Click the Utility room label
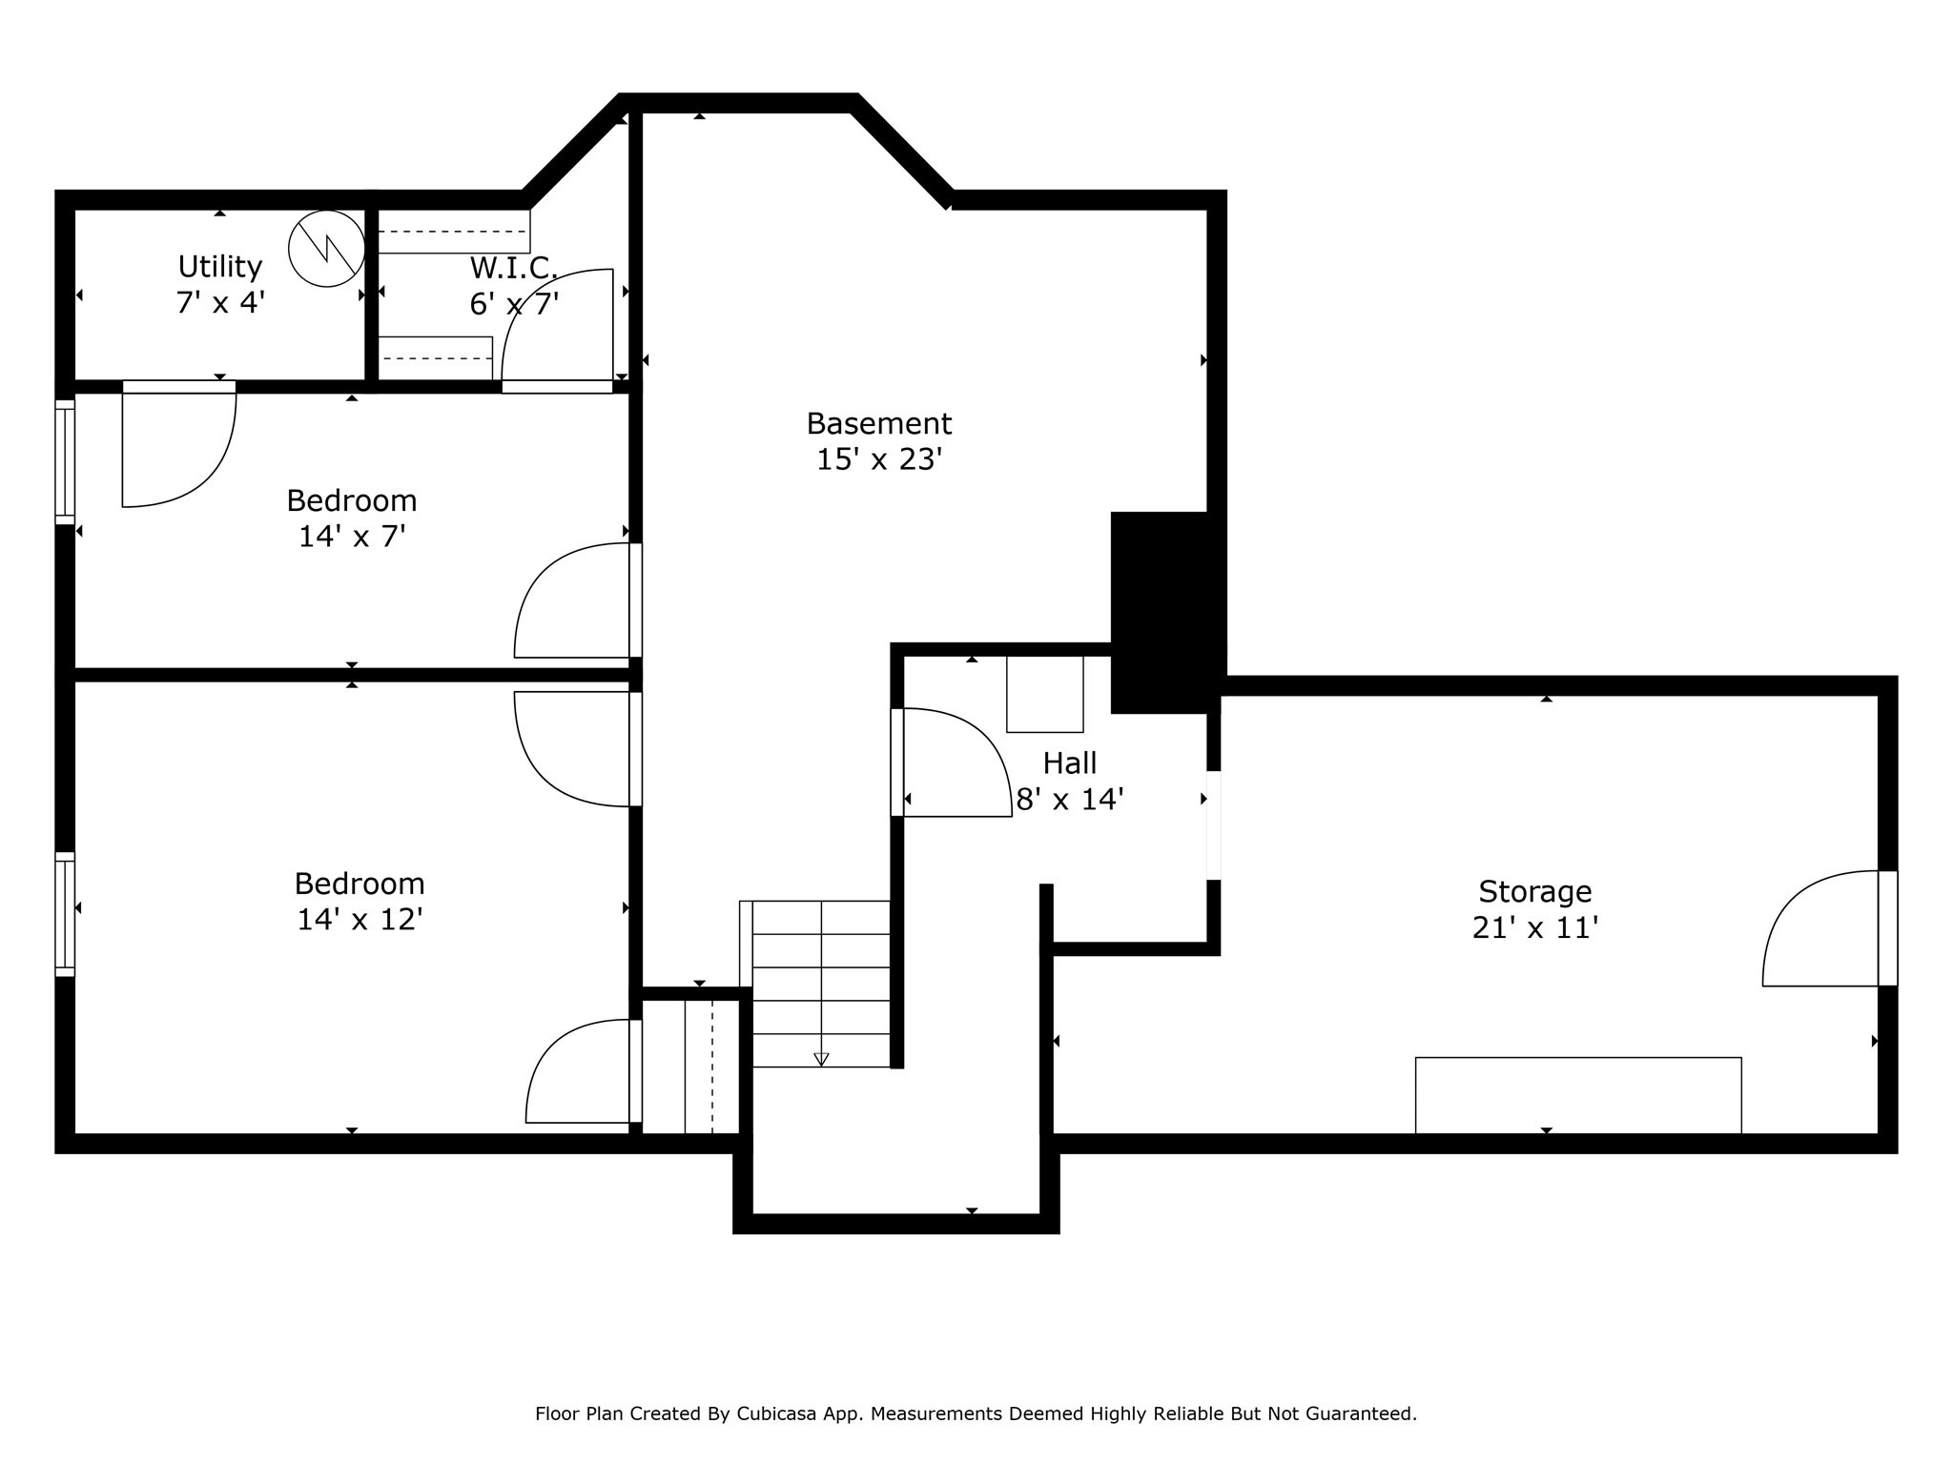pyautogui.click(x=219, y=266)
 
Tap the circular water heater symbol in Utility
pyautogui.click(x=326, y=248)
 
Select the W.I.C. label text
pyautogui.click(x=513, y=268)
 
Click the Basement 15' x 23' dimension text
pyautogui.click(x=878, y=459)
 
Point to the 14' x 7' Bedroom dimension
pyautogui.click(x=352, y=537)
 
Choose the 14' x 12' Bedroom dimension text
pyautogui.click(x=360, y=920)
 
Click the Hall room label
pyautogui.click(x=1069, y=762)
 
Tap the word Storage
pyautogui.click(x=1534, y=891)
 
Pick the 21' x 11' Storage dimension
pyautogui.click(x=1534, y=927)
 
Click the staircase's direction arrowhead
pyautogui.click(x=821, y=1059)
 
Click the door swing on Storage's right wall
pyautogui.click(x=1817, y=929)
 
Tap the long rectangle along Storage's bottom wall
pyautogui.click(x=1577, y=1095)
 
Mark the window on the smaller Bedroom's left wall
pyautogui.click(x=65, y=462)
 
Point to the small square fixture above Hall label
pyautogui.click(x=1044, y=694)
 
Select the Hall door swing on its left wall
pyautogui.click(x=954, y=762)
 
